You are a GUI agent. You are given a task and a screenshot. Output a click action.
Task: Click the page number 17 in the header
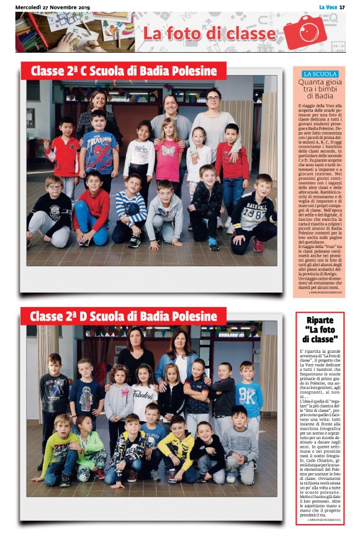342,7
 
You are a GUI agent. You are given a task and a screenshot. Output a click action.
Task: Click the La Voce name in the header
327,7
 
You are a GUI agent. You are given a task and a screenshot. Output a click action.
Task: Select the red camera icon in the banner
305,32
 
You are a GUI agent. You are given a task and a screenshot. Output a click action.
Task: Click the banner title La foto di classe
209,33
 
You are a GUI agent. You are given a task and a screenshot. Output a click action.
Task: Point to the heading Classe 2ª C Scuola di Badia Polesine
124,71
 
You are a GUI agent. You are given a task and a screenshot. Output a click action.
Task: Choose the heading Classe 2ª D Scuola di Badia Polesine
124,317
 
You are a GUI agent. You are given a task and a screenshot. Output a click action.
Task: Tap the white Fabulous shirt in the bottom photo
144,398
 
